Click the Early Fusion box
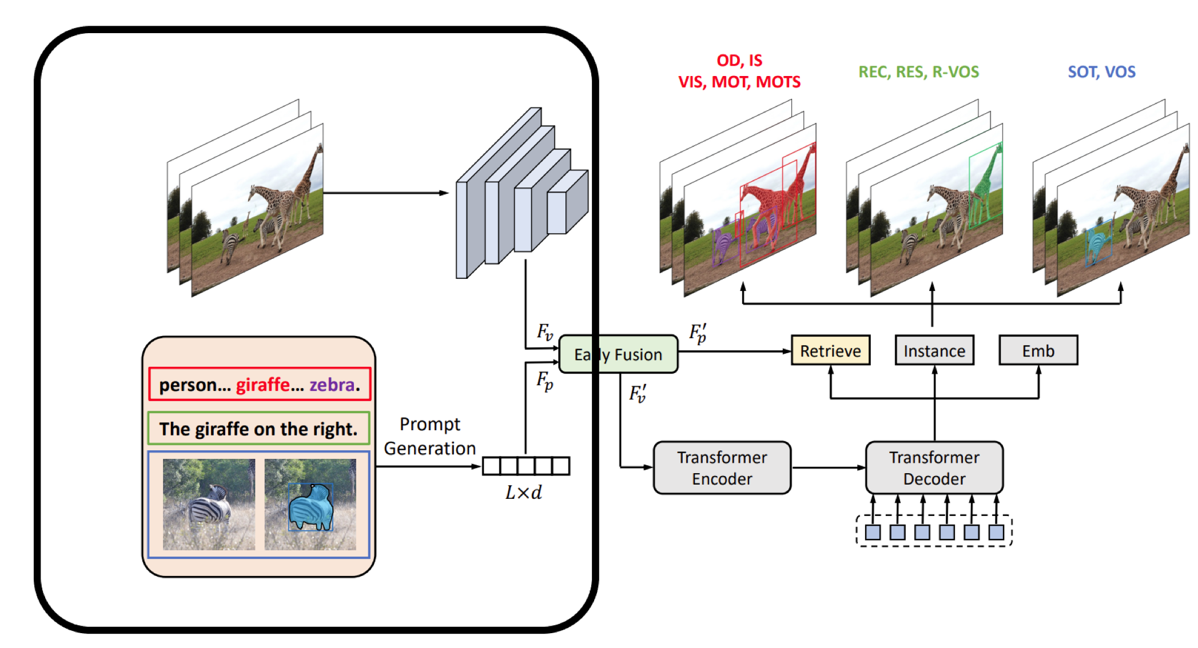coord(618,354)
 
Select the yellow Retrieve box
coord(830,350)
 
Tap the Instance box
coord(934,350)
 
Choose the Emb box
coord(1038,350)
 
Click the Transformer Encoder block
coord(722,467)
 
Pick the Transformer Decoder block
coord(934,467)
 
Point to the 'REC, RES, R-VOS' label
coord(918,72)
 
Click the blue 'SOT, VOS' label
coord(1101,72)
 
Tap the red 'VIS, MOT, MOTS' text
coord(739,82)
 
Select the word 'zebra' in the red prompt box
coord(332,385)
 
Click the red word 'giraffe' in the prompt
coord(262,385)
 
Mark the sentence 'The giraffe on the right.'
coord(258,429)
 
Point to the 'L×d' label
coord(523,493)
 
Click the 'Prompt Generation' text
coord(429,436)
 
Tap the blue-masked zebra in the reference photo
coord(311,507)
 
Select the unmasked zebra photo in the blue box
coord(209,504)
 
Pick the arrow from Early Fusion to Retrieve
coord(734,351)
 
